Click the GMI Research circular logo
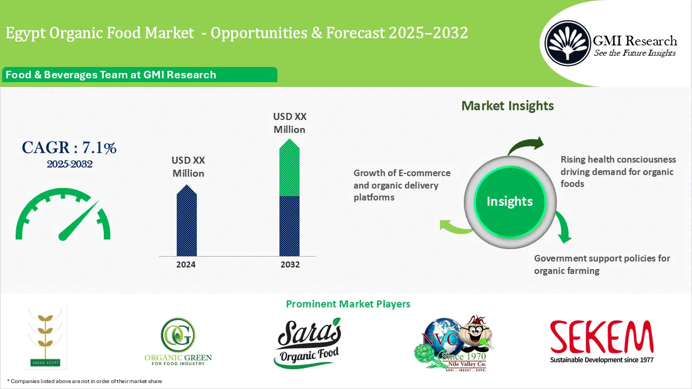[567, 43]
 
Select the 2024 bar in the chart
[187, 222]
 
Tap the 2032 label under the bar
[290, 265]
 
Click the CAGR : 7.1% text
[69, 147]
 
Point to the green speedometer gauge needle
[78, 222]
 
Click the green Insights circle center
[509, 202]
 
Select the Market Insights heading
[507, 105]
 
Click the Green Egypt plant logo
[46, 338]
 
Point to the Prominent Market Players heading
[348, 304]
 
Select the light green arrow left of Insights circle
[456, 226]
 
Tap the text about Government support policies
[602, 264]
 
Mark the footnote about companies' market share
[84, 381]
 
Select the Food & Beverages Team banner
[111, 75]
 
